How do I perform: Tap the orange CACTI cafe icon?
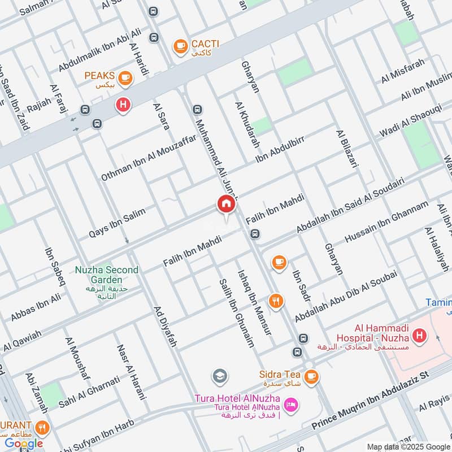click(180, 45)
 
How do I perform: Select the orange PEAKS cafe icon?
click(125, 79)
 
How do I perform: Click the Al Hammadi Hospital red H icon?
click(419, 337)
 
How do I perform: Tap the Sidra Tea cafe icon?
click(310, 376)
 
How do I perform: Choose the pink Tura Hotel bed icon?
click(292, 406)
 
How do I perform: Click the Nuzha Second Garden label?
click(106, 275)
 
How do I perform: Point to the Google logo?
click(24, 444)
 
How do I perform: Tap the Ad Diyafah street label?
click(166, 327)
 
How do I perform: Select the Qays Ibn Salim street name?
click(117, 223)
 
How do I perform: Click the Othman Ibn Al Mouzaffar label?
click(149, 157)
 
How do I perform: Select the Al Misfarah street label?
click(402, 71)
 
